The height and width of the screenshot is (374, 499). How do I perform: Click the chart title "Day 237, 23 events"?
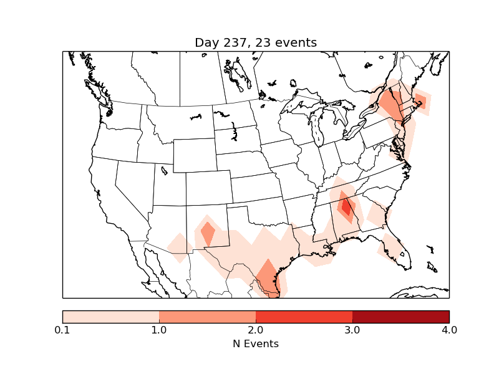point(256,43)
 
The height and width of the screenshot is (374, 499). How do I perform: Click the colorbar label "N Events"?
point(256,343)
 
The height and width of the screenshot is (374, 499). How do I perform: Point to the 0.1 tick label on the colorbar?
point(62,330)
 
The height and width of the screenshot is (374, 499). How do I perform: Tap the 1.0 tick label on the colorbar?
point(159,330)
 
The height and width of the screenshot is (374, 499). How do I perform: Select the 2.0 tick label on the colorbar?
point(256,330)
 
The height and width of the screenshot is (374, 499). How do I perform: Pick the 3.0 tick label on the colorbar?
point(352,330)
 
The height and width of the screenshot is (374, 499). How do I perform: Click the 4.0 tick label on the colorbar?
point(449,330)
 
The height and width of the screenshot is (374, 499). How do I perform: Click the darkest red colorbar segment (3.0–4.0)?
point(400,317)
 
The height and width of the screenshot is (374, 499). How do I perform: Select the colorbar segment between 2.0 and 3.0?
point(304,317)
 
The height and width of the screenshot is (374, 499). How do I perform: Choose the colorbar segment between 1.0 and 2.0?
point(207,317)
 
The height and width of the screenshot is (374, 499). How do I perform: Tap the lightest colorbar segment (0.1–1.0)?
point(110,317)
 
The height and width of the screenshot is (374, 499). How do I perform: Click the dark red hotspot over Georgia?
point(346,205)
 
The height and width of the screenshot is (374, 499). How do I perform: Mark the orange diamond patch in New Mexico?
point(208,234)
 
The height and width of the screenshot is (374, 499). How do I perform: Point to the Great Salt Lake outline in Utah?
point(164,170)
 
